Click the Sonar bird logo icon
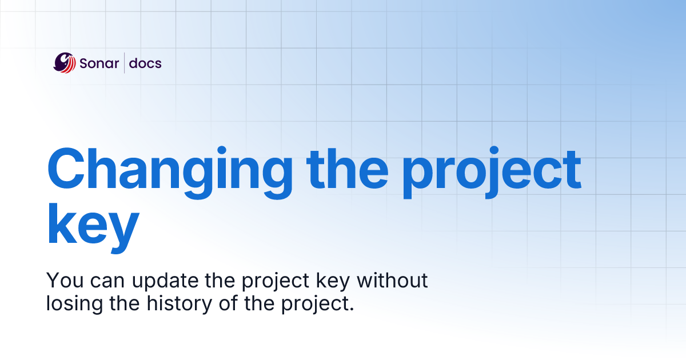click(x=64, y=62)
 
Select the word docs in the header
click(x=145, y=63)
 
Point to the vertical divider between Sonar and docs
click(x=124, y=63)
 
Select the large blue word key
click(x=93, y=226)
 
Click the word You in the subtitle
click(x=61, y=281)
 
